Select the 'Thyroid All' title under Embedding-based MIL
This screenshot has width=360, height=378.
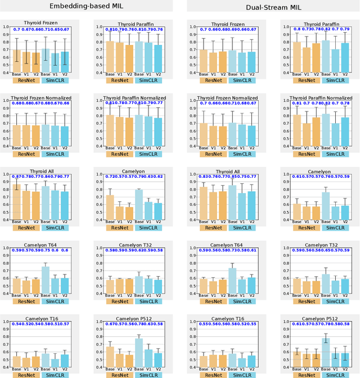[41, 172]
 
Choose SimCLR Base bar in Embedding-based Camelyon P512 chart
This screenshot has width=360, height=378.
[139, 353]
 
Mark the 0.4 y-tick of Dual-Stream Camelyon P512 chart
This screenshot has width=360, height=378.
[277, 367]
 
